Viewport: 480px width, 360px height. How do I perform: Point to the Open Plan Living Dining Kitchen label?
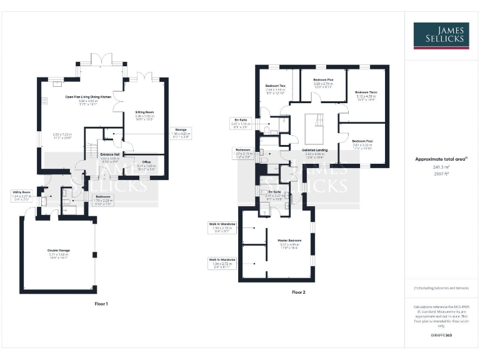click(x=88, y=97)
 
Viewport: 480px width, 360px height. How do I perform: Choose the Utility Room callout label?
click(x=21, y=192)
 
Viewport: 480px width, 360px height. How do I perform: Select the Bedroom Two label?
click(x=275, y=86)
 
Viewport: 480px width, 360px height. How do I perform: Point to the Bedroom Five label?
click(x=323, y=79)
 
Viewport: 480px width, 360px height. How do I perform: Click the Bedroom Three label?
click(x=366, y=92)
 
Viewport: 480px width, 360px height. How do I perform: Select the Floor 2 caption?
click(x=299, y=292)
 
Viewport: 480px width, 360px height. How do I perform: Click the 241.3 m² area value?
click(x=441, y=167)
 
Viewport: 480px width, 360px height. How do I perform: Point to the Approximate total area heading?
click(x=440, y=159)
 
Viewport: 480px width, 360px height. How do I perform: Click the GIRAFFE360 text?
click(x=441, y=336)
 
